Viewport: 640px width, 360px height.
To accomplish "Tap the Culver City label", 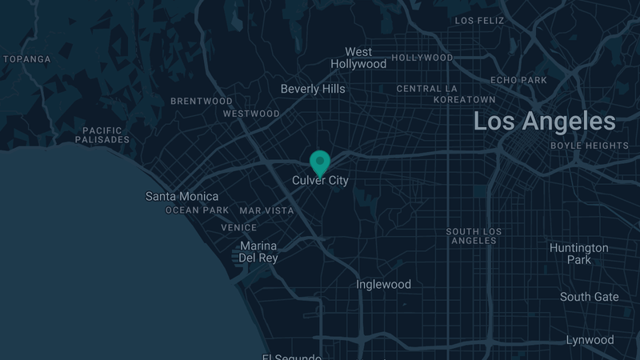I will [320, 181].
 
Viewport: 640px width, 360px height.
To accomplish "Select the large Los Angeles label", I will [544, 122].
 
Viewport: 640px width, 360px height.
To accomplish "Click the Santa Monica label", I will [182, 196].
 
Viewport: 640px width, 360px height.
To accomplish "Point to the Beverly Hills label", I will [313, 89].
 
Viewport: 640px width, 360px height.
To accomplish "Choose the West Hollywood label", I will [358, 58].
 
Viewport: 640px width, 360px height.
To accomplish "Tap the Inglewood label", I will [383, 284].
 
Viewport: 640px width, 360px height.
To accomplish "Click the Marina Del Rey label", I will [258, 251].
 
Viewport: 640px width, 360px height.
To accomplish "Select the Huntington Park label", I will [578, 254].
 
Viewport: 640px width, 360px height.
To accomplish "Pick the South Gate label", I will [589, 297].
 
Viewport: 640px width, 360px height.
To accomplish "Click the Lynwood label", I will [590, 340].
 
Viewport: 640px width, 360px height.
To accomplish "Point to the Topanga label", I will [27, 59].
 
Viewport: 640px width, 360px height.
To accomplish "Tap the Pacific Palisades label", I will [102, 134].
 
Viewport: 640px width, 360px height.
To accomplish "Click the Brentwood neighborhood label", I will [202, 102].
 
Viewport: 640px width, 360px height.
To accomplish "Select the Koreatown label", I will [464, 99].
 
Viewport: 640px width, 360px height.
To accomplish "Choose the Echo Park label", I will [518, 80].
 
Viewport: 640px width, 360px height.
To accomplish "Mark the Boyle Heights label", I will [590, 146].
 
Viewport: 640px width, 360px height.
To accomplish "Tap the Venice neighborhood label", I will [239, 227].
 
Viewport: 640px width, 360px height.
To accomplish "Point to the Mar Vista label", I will [266, 210].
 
